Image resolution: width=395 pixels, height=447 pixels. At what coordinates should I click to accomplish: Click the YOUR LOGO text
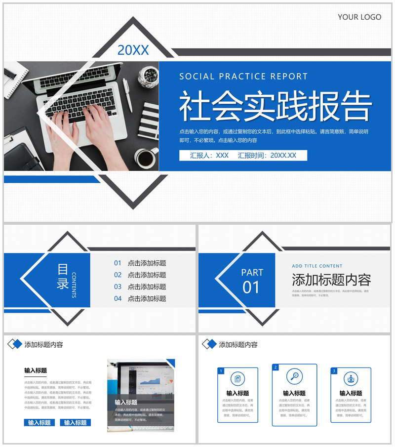pyautogui.click(x=359, y=17)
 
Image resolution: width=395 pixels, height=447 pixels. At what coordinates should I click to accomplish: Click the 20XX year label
pyautogui.click(x=133, y=50)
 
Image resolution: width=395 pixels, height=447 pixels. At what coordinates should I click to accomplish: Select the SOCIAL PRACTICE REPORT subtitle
pyautogui.click(x=243, y=77)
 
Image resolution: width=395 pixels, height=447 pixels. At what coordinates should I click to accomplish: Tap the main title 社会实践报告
pyautogui.click(x=275, y=106)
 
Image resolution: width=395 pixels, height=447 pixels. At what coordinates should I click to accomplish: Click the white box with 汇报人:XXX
pyautogui.click(x=243, y=155)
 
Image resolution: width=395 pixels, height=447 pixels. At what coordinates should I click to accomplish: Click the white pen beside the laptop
pyautogui.click(x=127, y=94)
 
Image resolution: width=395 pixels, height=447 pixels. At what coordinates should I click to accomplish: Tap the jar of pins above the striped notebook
pyautogui.click(x=148, y=77)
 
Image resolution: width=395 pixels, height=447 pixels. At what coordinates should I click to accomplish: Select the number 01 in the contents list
pyautogui.click(x=118, y=263)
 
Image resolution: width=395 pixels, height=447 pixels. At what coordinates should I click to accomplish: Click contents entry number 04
pyautogui.click(x=147, y=298)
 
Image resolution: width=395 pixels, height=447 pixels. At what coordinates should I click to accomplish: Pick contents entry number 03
pyautogui.click(x=147, y=286)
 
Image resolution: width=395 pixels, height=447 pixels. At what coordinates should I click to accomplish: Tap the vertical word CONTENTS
pyautogui.click(x=74, y=285)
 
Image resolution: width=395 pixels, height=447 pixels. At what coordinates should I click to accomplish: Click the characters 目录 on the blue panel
pyautogui.click(x=63, y=277)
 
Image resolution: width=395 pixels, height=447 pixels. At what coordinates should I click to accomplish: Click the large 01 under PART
pyautogui.click(x=251, y=287)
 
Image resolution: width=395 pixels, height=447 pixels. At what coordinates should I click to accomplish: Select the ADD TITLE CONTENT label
pyautogui.click(x=317, y=266)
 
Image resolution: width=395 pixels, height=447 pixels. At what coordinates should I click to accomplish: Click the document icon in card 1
pyautogui.click(x=237, y=379)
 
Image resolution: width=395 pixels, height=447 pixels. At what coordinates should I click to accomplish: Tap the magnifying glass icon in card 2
pyautogui.click(x=295, y=376)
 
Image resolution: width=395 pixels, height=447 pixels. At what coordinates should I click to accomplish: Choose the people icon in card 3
pyautogui.click(x=351, y=379)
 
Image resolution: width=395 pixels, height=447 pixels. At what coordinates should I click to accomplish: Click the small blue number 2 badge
pyautogui.click(x=276, y=367)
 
